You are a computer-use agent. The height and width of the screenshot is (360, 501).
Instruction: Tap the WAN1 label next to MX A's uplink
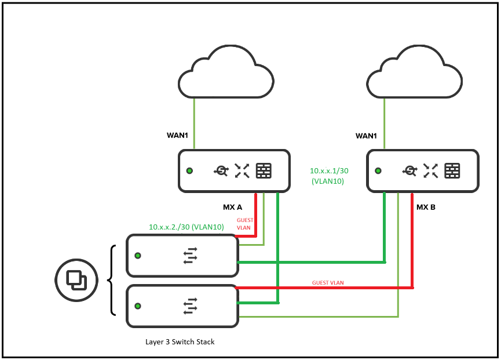click(178, 136)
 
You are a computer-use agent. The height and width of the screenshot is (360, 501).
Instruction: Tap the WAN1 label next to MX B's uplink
click(367, 136)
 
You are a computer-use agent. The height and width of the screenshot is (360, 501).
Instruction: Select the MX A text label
click(232, 206)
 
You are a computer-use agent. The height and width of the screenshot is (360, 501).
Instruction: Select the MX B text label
click(426, 206)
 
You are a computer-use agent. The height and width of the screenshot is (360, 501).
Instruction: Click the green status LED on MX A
click(189, 171)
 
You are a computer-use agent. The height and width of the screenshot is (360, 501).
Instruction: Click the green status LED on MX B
click(378, 171)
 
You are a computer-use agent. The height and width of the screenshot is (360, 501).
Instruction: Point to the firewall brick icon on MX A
click(264, 170)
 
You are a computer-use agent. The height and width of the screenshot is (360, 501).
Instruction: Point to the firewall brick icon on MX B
click(452, 170)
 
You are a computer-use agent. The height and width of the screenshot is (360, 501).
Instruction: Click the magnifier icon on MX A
click(221, 170)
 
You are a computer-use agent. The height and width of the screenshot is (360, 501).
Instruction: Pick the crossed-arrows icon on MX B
click(430, 170)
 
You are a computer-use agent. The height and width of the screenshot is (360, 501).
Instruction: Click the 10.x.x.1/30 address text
click(328, 171)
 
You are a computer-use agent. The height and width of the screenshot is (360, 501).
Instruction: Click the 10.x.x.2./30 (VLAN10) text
click(186, 227)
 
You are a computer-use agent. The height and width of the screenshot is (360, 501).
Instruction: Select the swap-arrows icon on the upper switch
click(191, 255)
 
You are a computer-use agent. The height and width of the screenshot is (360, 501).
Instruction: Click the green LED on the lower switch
click(138, 306)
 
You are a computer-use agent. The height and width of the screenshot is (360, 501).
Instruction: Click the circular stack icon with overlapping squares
click(76, 280)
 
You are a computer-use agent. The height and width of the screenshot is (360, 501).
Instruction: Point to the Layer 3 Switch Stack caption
click(180, 341)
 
